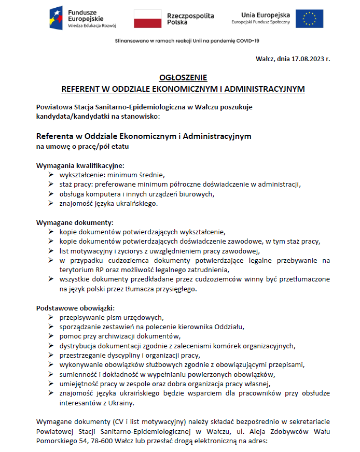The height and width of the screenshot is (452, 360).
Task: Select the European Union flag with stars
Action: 309,18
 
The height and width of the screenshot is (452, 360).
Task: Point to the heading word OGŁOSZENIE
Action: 183,78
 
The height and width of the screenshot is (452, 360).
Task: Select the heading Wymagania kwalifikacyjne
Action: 80,165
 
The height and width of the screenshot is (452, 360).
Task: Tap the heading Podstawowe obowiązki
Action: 75,307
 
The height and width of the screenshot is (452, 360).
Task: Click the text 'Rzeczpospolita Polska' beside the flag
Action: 190,19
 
